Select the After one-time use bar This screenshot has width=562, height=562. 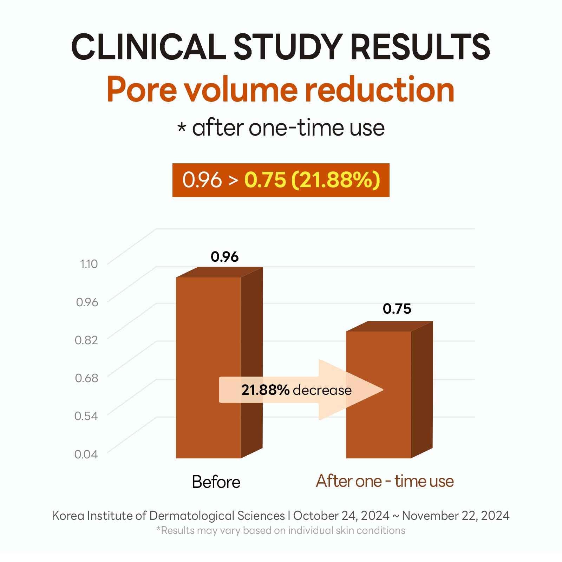(379, 421)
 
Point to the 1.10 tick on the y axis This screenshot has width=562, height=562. (89, 264)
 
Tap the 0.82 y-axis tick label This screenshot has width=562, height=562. (86, 340)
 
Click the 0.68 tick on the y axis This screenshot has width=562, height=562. (86, 378)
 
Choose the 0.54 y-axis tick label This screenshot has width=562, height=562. (86, 416)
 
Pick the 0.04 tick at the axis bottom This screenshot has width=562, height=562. (86, 454)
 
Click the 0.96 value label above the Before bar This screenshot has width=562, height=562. (224, 257)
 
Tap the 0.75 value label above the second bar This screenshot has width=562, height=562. (397, 309)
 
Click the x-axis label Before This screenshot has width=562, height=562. (216, 482)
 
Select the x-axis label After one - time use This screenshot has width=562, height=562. (385, 481)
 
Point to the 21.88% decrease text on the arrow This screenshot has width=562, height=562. (296, 390)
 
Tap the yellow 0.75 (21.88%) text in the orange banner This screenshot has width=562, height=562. (312, 180)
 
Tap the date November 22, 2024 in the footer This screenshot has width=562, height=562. (456, 516)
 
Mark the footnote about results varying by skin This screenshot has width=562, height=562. (281, 530)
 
